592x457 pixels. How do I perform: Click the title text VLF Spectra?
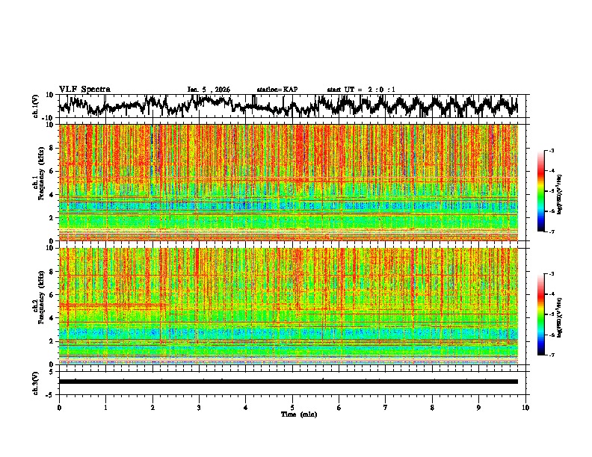tap(84, 90)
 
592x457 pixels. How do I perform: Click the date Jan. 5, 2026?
tap(209, 90)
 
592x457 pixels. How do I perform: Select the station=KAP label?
tap(277, 90)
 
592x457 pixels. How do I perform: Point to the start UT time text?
tap(361, 90)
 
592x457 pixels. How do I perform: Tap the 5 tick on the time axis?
tap(292, 408)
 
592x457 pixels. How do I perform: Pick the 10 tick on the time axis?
tap(525, 408)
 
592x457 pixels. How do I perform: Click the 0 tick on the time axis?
tap(59, 408)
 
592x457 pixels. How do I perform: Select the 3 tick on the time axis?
tap(199, 408)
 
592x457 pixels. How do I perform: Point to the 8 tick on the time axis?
tap(432, 408)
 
